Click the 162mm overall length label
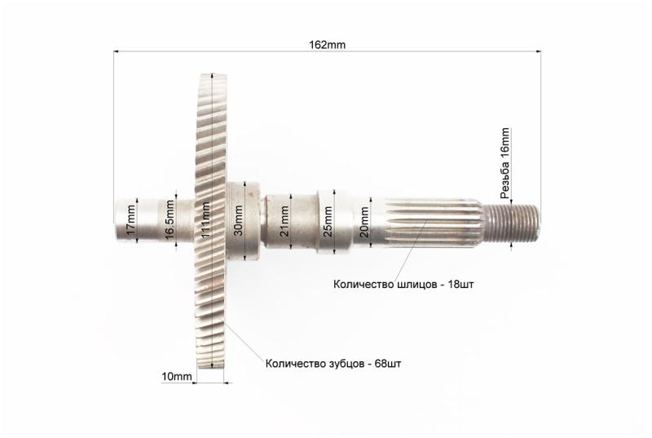[x=327, y=45]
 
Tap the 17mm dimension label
[x=131, y=219]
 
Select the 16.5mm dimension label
[x=170, y=219]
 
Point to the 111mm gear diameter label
[x=205, y=219]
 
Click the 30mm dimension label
[x=239, y=220]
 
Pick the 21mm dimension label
[x=284, y=221]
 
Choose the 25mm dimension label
[x=328, y=221]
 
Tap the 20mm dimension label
[x=364, y=222]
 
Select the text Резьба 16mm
[x=505, y=163]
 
